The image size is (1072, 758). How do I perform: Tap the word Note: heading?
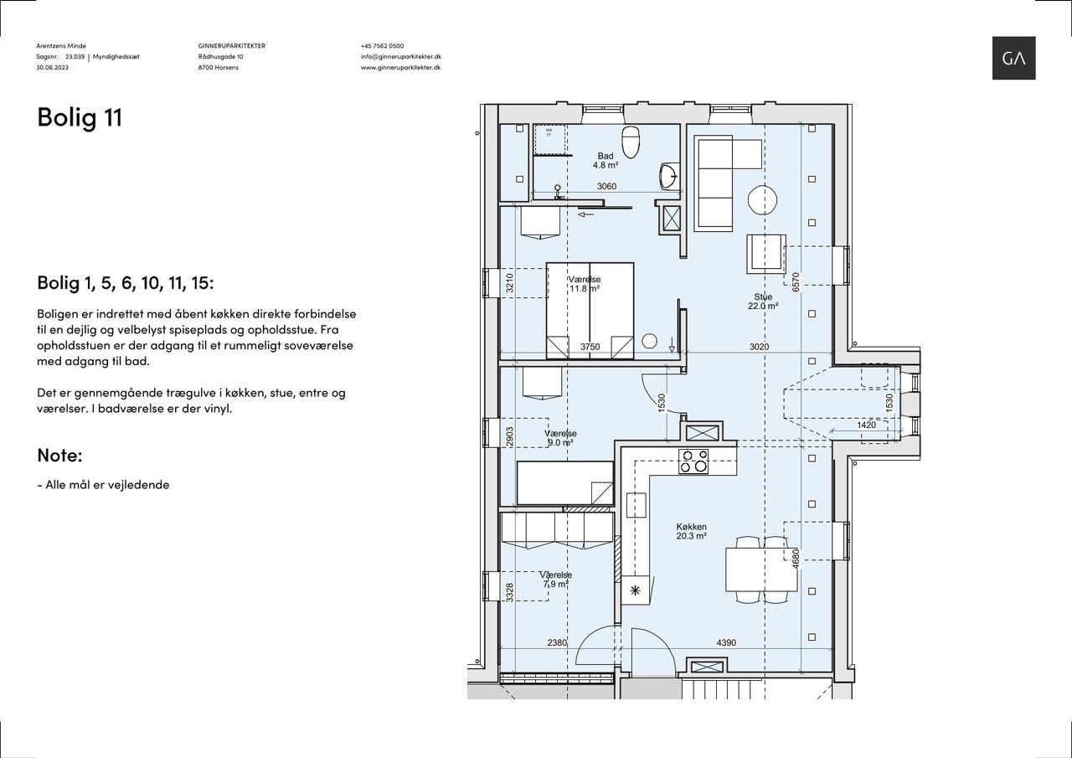[59, 455]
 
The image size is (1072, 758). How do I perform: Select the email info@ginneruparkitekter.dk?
[401, 56]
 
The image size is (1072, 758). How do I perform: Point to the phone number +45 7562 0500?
[383, 46]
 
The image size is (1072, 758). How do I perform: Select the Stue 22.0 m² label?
[763, 302]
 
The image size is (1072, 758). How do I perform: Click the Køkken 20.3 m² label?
[692, 532]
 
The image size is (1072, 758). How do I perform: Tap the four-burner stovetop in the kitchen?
[693, 462]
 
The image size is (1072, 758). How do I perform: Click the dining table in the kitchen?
[762, 570]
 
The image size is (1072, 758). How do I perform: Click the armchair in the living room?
[765, 254]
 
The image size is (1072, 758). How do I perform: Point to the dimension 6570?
[796, 282]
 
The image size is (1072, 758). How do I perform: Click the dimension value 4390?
[726, 642]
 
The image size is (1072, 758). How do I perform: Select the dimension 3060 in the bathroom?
[606, 186]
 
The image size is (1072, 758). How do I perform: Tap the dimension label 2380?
[557, 642]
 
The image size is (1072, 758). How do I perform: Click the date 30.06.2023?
[52, 68]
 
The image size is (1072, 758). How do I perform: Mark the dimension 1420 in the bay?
[866, 425]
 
